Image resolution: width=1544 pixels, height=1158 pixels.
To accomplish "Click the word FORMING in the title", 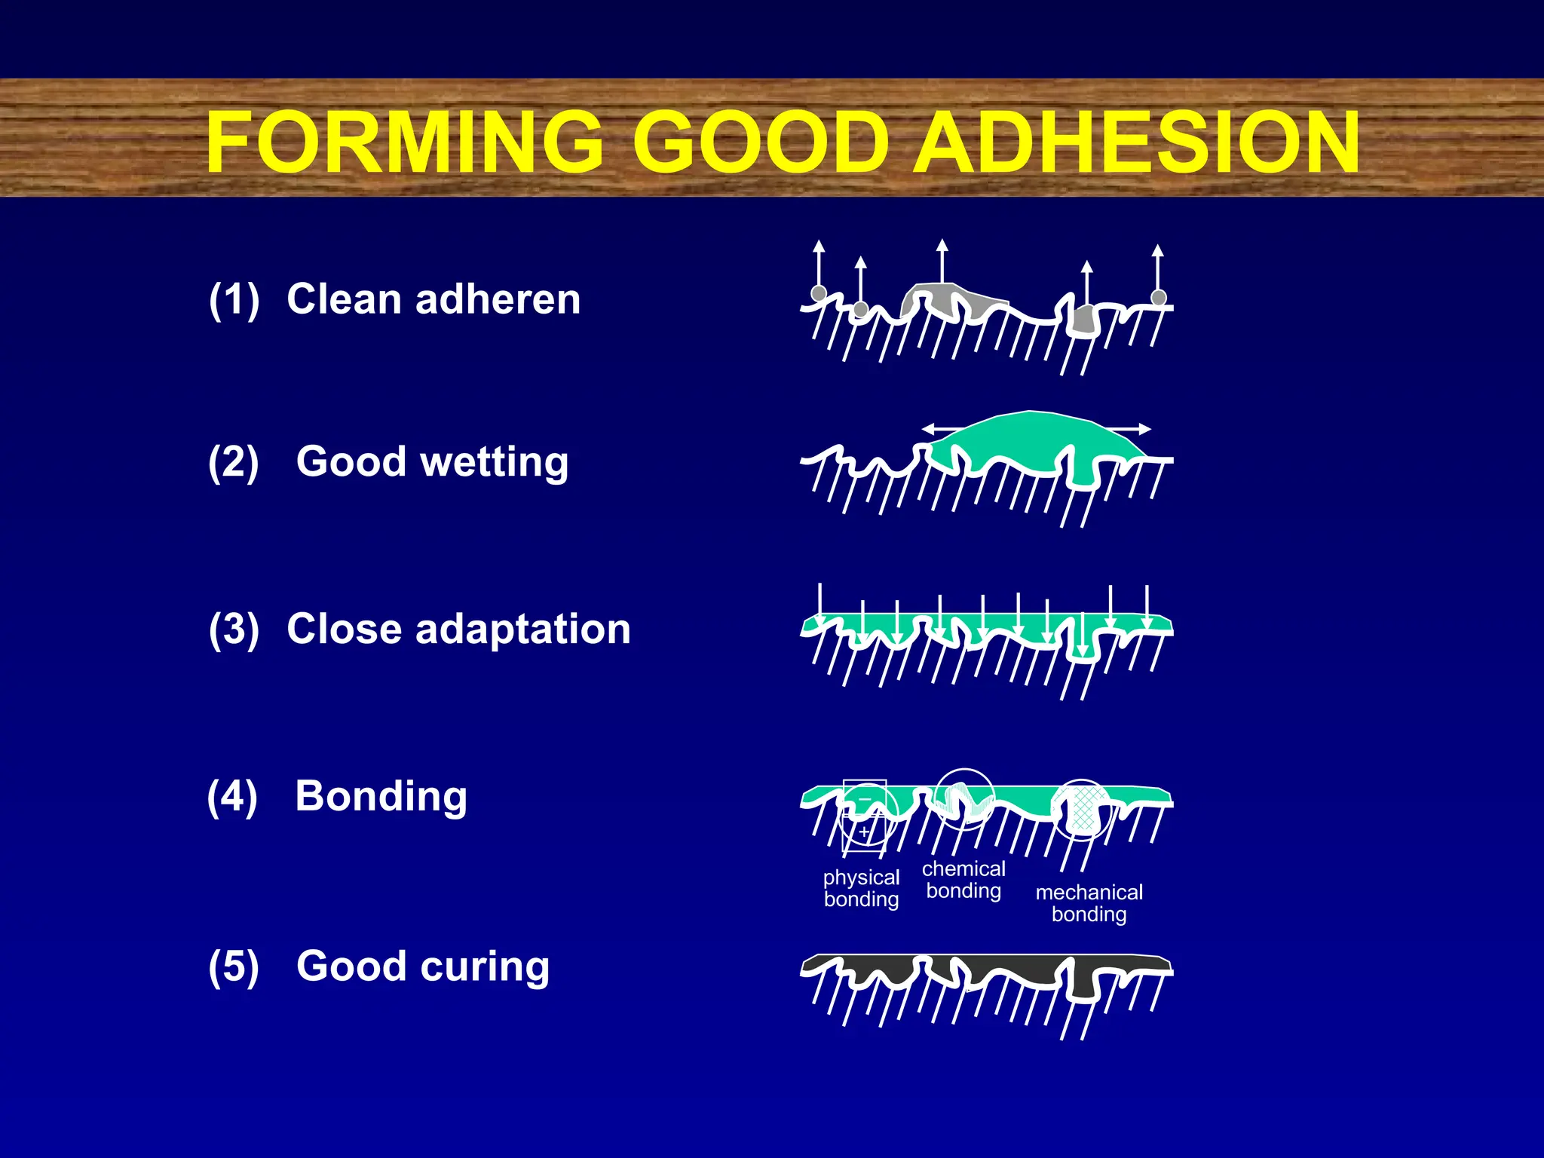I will pyautogui.click(x=404, y=142).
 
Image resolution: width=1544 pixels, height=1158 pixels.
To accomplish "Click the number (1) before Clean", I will pyautogui.click(x=234, y=299).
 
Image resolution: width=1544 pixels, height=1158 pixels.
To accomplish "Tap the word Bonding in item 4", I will pyautogui.click(x=381, y=796).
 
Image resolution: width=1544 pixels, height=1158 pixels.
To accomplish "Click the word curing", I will pyautogui.click(x=486, y=967).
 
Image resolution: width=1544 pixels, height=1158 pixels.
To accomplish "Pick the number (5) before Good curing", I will pyautogui.click(x=234, y=967).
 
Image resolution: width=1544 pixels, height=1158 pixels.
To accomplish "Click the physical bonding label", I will pyautogui.click(x=861, y=888).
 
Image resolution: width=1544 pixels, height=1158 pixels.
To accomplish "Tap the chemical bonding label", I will pyautogui.click(x=963, y=880).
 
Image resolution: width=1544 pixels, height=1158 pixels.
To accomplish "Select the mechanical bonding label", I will pyautogui.click(x=1089, y=903).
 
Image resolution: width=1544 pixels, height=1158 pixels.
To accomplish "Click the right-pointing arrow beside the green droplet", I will pyautogui.click(x=1138, y=429).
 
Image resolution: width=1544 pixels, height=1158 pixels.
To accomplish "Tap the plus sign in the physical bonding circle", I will pyautogui.click(x=865, y=832).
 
